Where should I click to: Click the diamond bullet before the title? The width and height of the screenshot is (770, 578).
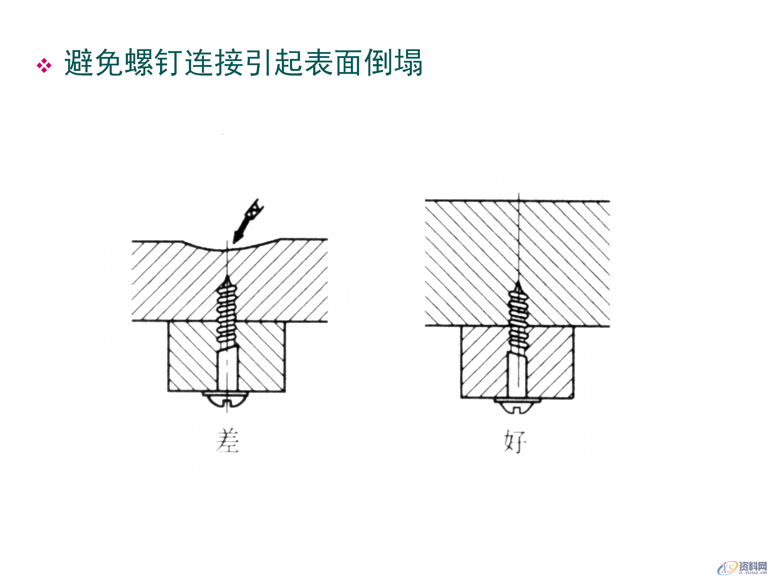44,65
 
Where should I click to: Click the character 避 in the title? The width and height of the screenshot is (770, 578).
79,63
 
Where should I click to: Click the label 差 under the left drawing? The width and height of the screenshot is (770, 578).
227,441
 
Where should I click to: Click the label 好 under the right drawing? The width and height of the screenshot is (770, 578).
515,442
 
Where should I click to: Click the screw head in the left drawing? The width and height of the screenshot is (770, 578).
227,399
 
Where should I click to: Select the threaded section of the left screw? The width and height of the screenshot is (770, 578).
227,315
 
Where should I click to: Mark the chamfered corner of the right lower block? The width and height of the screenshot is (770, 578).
571,396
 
